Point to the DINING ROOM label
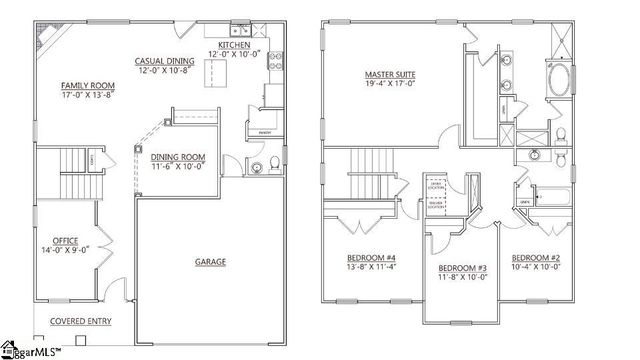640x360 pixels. (x=178, y=157)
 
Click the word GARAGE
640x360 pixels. (x=210, y=262)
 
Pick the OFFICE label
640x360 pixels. (x=66, y=241)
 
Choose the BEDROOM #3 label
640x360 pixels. (x=463, y=268)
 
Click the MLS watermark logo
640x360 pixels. (x=30, y=351)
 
